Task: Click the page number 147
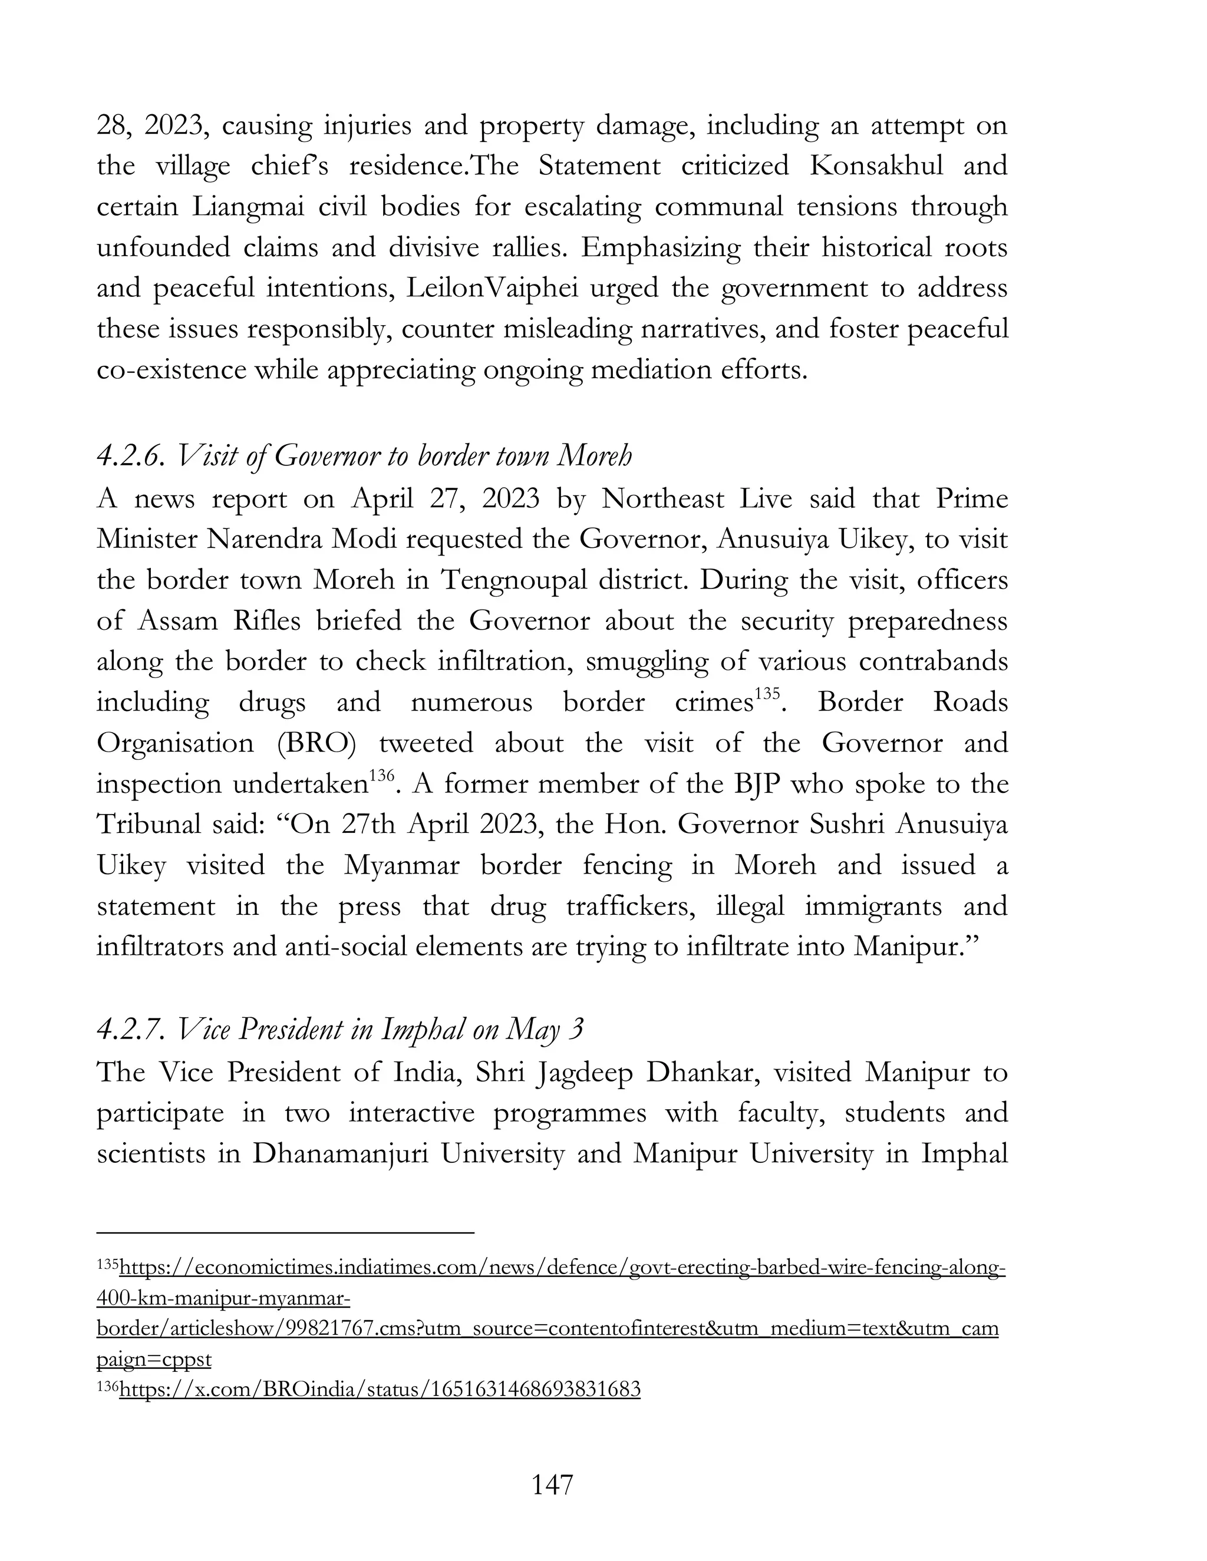coord(552,1484)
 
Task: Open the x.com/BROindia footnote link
coord(379,1389)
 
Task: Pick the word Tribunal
coord(148,825)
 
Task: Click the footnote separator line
coord(285,1232)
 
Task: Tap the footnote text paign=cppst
coord(154,1359)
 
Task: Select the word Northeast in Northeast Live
coord(662,498)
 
